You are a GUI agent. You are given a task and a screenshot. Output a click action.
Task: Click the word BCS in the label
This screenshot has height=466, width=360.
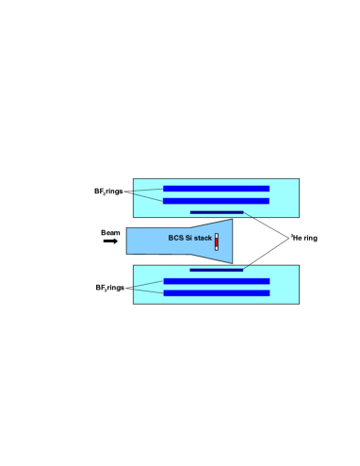click(176, 238)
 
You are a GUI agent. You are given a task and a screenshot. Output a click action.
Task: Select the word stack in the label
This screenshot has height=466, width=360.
click(204, 238)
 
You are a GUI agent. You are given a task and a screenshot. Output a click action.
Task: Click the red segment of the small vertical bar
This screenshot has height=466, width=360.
click(216, 241)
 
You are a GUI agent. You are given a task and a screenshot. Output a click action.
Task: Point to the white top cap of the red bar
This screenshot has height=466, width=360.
click(216, 234)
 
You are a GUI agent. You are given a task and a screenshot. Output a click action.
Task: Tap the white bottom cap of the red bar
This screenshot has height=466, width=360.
click(216, 249)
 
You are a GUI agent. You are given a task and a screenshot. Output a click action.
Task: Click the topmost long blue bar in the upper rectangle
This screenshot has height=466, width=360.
click(216, 189)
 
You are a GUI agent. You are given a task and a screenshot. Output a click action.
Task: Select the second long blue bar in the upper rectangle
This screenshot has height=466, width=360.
click(216, 201)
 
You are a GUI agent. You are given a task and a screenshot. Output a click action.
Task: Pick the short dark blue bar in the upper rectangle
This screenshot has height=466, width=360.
click(216, 212)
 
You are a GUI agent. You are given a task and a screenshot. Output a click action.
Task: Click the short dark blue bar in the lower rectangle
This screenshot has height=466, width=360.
click(216, 270)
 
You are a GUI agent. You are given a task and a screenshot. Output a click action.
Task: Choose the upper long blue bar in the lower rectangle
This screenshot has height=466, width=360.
click(216, 281)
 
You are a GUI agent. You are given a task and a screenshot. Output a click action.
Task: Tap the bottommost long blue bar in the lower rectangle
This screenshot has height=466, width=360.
click(216, 293)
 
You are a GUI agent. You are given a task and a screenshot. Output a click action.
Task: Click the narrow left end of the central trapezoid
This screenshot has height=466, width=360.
click(129, 241)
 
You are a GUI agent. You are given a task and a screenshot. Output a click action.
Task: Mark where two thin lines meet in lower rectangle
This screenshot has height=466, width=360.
click(135, 288)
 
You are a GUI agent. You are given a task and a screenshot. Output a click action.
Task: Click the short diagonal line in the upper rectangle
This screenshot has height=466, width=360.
click(248, 215)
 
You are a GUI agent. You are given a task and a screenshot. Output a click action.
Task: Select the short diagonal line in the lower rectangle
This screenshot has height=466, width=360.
click(246, 268)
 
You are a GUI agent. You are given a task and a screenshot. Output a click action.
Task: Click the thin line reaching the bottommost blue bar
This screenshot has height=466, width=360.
click(149, 291)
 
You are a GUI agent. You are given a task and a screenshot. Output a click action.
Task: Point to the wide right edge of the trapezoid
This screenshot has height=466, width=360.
click(231, 241)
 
